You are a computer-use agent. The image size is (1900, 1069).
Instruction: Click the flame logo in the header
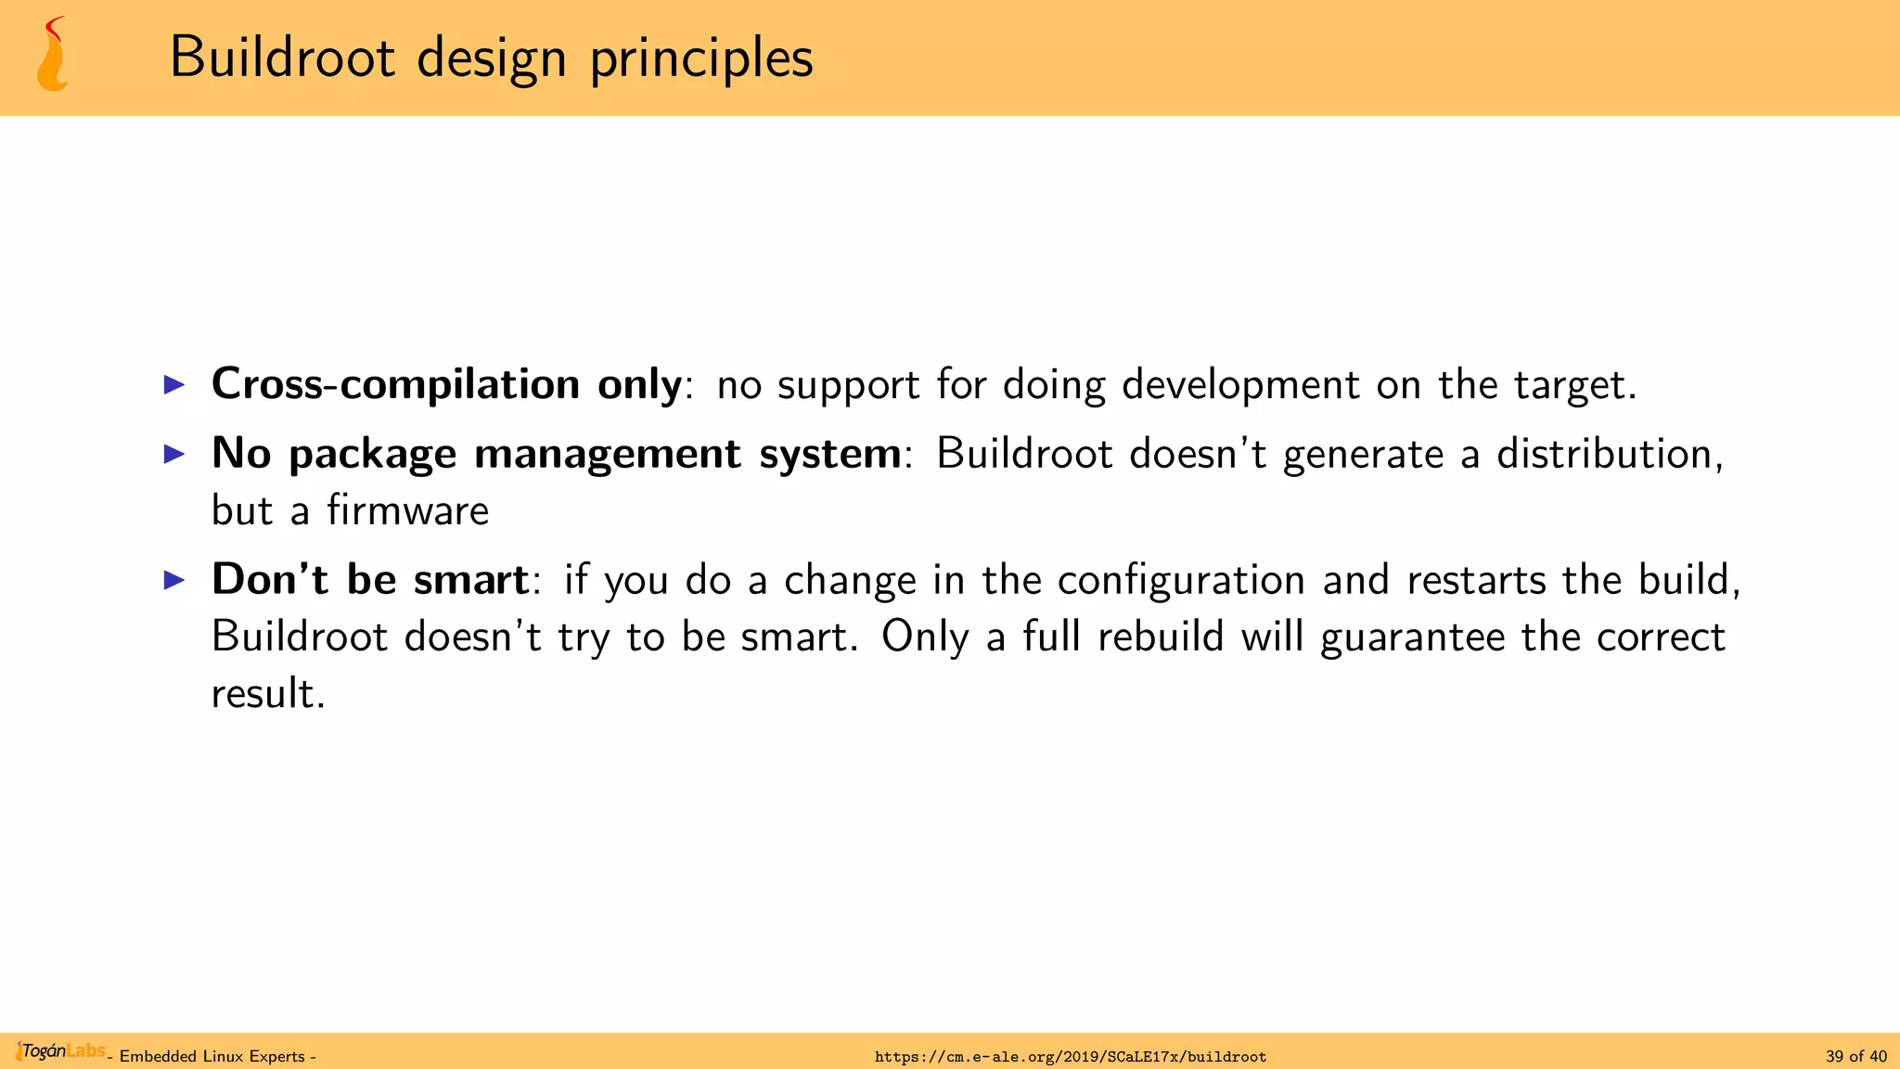click(53, 56)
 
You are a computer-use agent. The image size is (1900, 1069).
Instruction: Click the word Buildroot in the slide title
click(282, 58)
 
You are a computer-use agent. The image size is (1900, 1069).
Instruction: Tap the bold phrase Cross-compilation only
click(446, 384)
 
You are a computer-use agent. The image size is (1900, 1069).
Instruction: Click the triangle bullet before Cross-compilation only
click(174, 384)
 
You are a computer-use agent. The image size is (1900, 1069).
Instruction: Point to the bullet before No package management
click(174, 454)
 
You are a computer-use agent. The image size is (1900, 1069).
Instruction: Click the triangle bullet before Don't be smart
click(174, 580)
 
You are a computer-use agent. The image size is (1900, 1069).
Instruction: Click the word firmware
click(407, 510)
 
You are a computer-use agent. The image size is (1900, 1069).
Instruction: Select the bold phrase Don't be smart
click(369, 580)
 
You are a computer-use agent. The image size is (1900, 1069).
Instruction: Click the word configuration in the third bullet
click(1181, 581)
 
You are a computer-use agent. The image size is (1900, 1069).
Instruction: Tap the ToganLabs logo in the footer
click(61, 1051)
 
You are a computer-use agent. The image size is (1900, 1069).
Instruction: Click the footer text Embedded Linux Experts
click(212, 1057)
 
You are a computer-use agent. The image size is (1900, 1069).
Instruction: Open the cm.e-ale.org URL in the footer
click(1070, 1057)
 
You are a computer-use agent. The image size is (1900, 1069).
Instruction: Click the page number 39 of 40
click(1855, 1057)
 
